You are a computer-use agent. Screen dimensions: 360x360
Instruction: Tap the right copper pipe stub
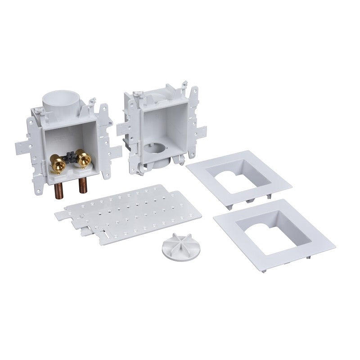click(x=83, y=184)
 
